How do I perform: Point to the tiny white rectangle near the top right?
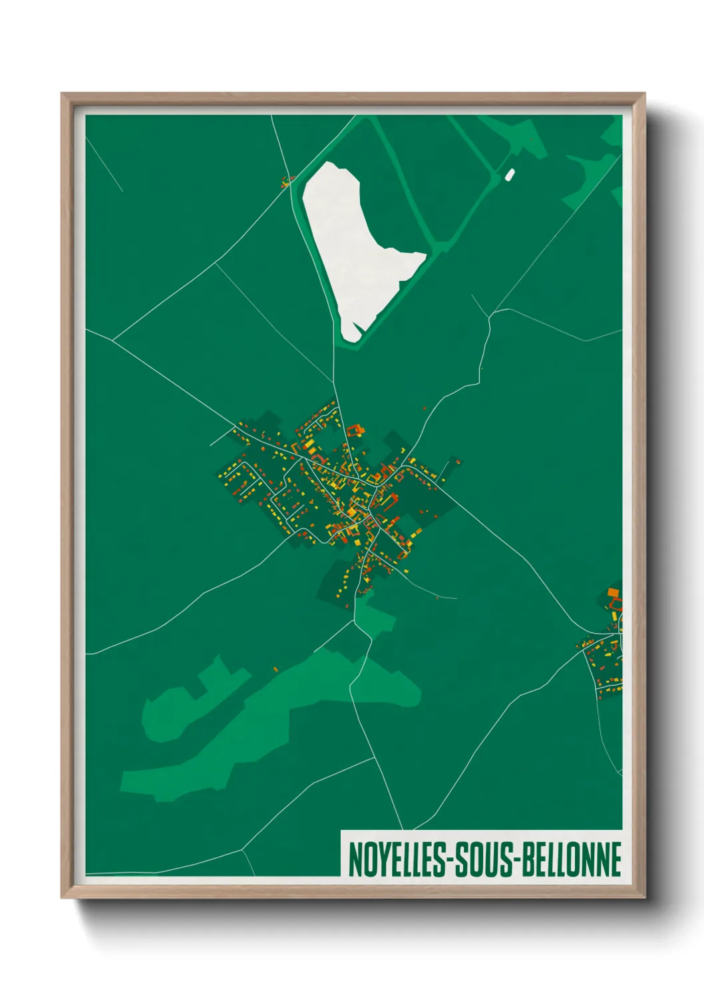(510, 175)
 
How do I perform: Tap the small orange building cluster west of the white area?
(287, 180)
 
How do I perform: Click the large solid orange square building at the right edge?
(613, 592)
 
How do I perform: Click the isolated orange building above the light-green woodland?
(275, 669)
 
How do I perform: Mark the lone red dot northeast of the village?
(424, 408)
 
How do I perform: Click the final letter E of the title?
(616, 859)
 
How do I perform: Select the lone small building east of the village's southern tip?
(437, 597)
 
